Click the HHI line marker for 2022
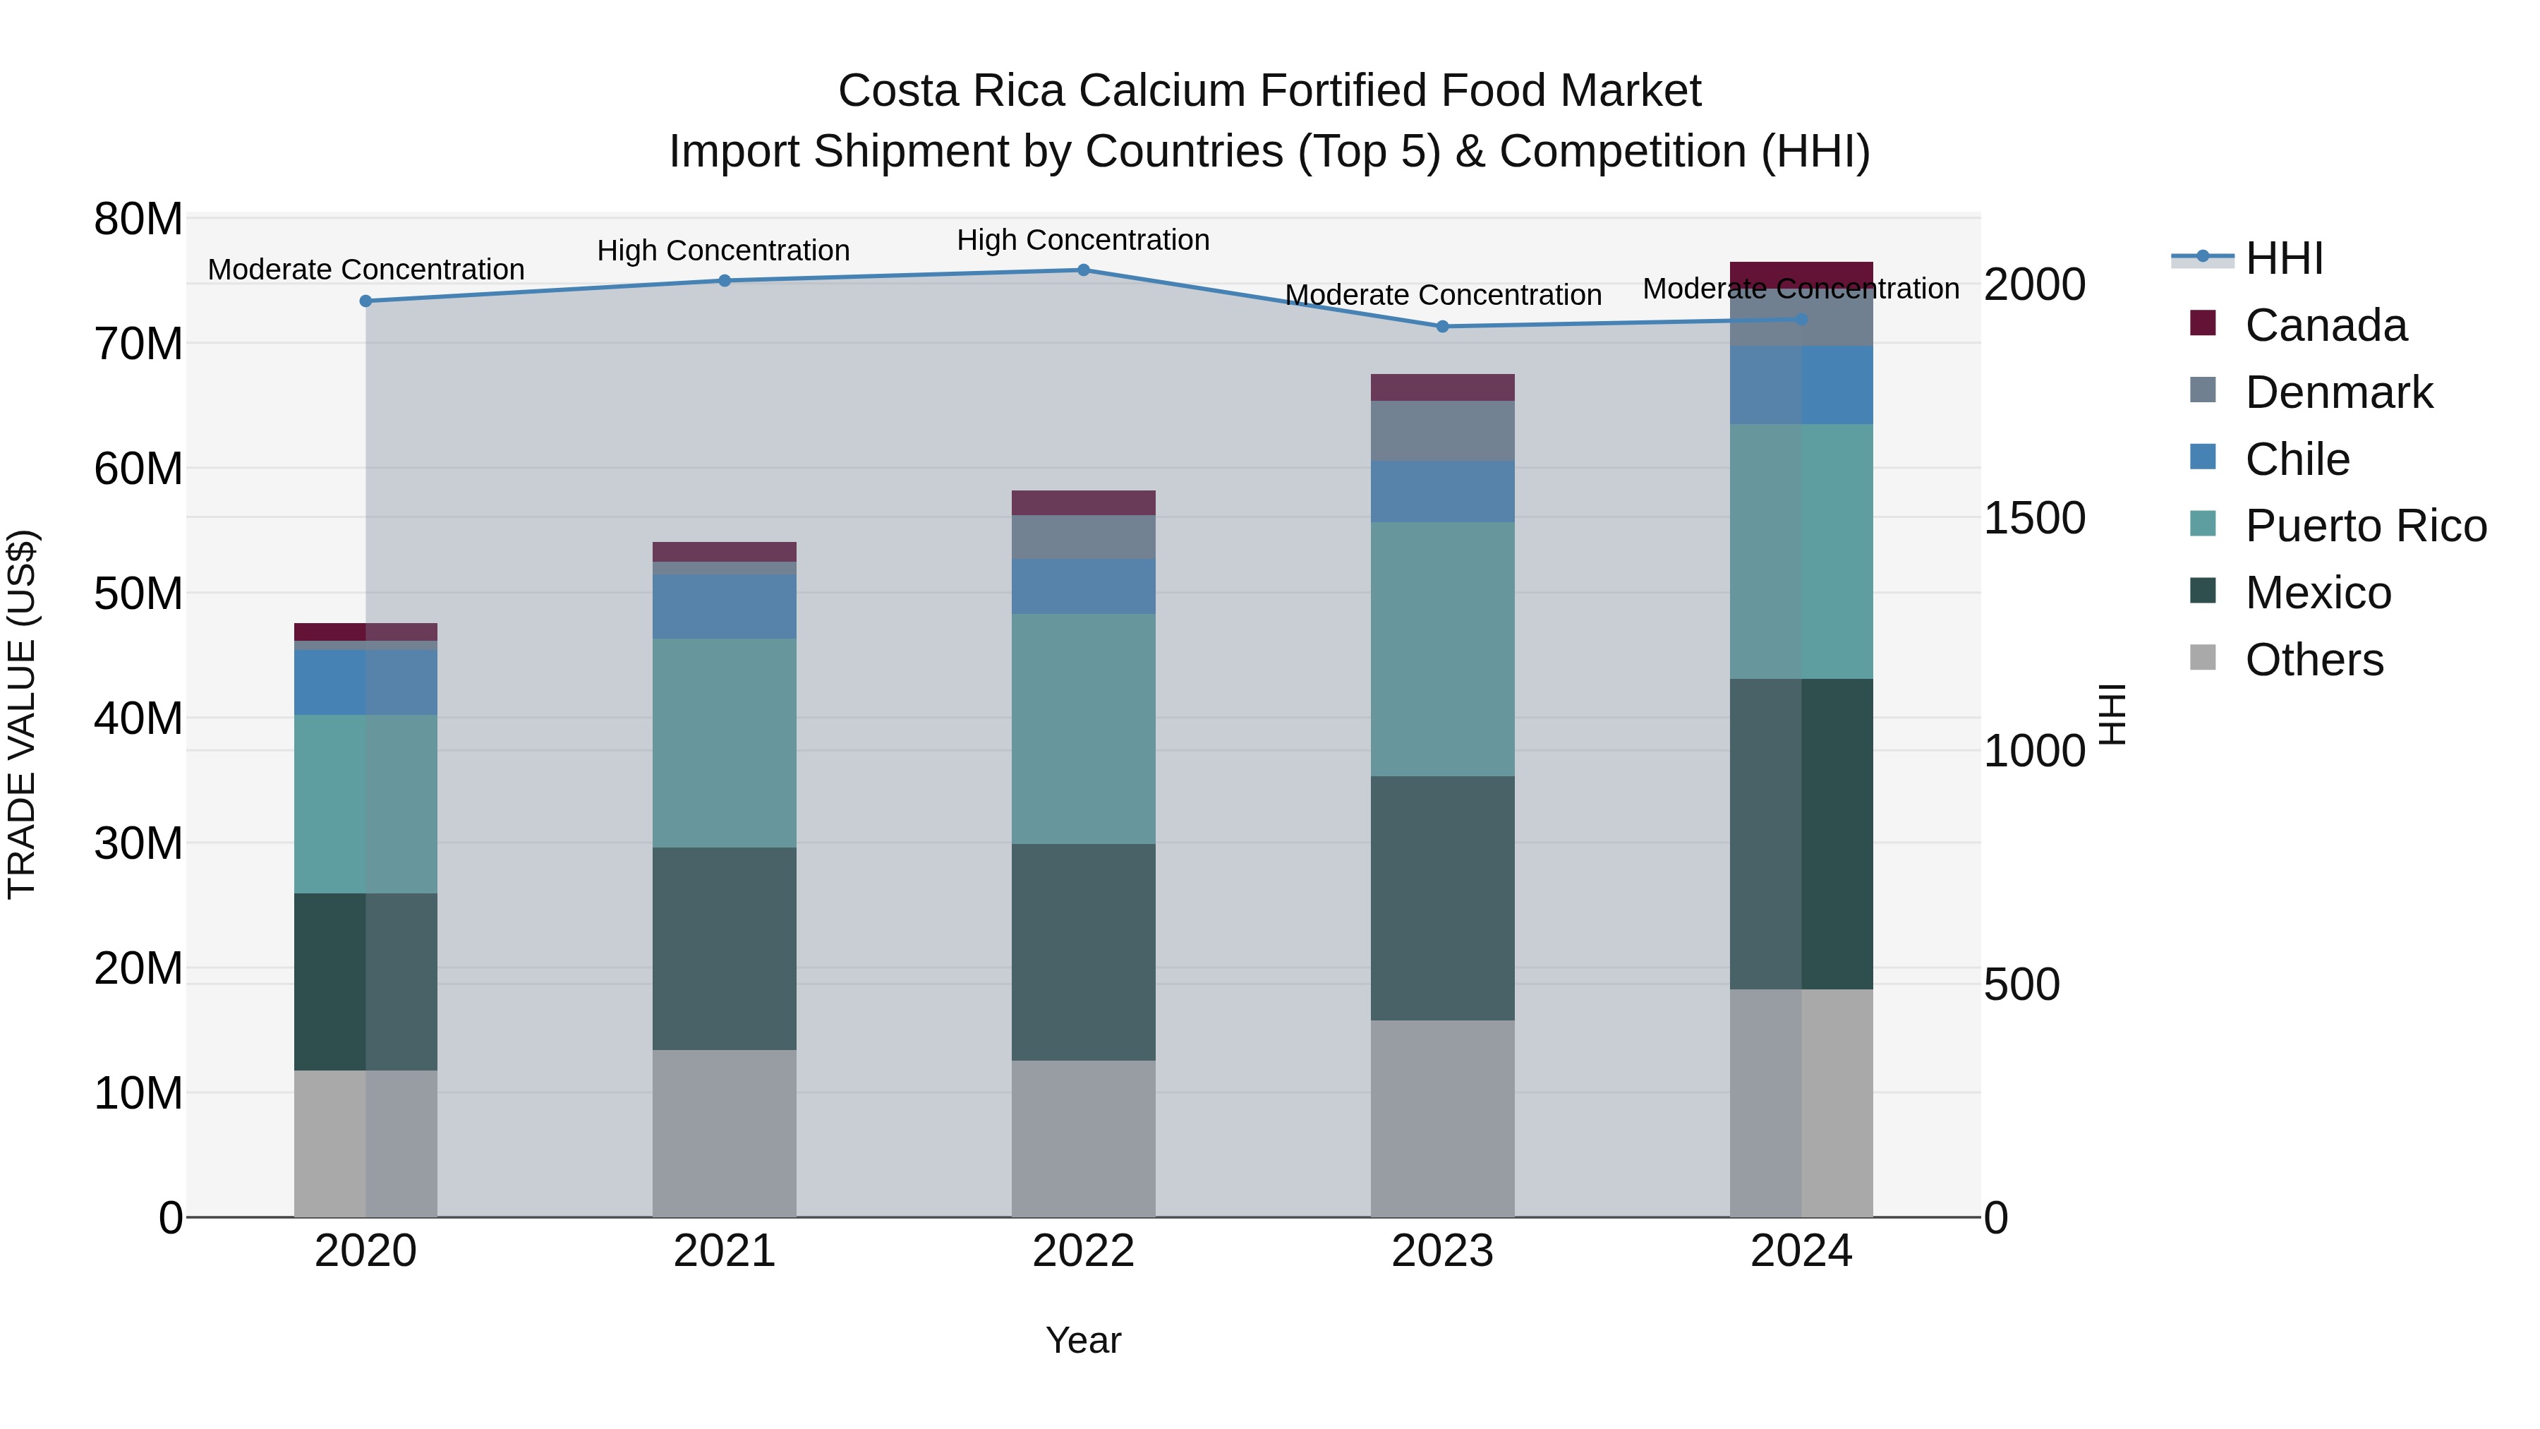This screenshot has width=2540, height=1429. tap(1082, 270)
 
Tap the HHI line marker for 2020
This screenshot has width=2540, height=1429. tap(365, 301)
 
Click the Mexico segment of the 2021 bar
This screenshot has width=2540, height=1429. tap(724, 948)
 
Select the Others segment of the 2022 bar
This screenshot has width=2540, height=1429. tap(1082, 1138)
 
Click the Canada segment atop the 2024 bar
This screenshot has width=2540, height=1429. tap(1801, 273)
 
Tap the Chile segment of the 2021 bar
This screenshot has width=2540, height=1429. tap(724, 606)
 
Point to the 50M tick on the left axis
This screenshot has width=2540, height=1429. tap(138, 593)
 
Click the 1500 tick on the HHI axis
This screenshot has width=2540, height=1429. tap(2034, 519)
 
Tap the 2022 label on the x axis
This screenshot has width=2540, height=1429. tap(1082, 1251)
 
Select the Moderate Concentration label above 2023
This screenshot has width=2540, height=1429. tap(1443, 295)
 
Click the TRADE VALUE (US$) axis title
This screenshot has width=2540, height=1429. tap(22, 714)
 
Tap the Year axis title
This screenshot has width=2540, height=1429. tap(1082, 1340)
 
